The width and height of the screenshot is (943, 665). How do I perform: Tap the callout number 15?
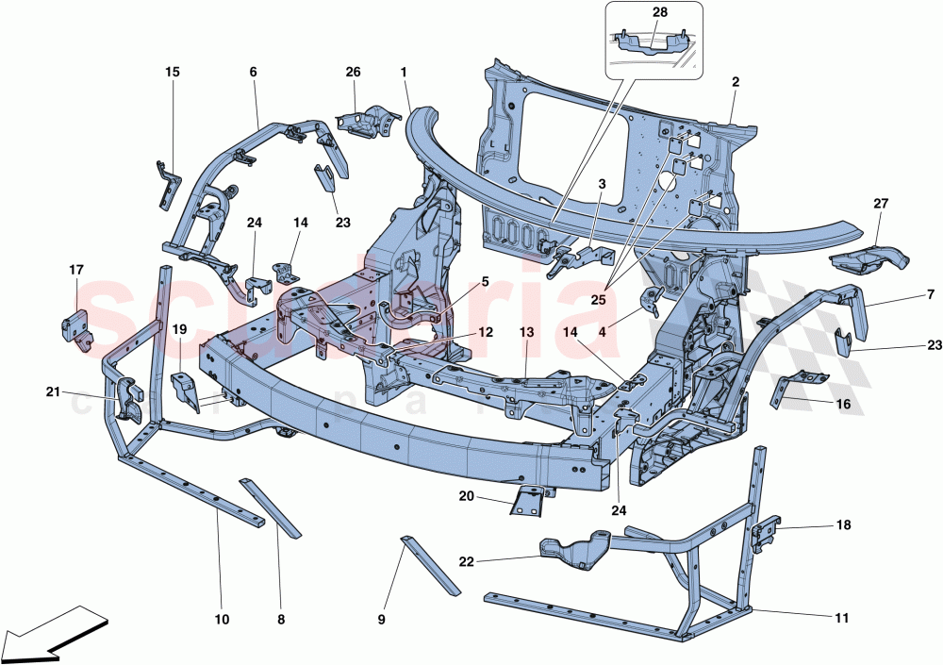coord(172,72)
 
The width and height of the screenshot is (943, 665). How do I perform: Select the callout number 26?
coord(353,72)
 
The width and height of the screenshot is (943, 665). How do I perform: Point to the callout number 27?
coord(881,203)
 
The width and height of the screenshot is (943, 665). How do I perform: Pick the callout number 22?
coord(465,561)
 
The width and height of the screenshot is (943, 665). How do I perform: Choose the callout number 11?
coord(841,619)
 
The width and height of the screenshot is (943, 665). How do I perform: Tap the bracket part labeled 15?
coord(166,185)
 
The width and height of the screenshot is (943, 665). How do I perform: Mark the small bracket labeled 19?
coord(186,391)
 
